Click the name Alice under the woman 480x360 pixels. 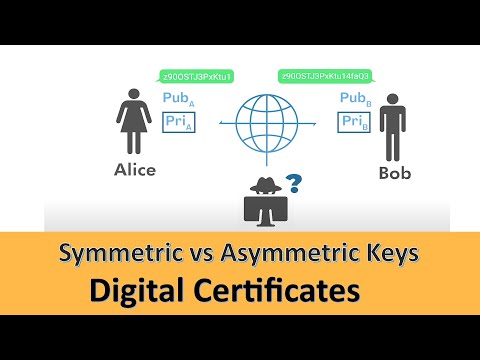135,170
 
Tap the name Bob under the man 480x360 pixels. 395,172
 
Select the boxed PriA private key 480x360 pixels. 179,122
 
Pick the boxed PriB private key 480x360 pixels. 355,122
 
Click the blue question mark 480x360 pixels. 294,183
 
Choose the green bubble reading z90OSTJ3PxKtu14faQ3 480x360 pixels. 325,75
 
